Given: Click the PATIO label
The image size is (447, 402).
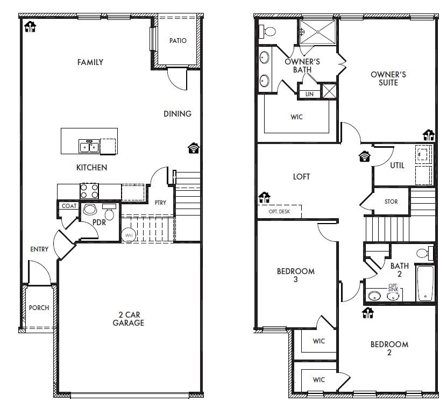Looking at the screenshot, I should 178,41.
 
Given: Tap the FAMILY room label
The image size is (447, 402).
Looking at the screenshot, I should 90,62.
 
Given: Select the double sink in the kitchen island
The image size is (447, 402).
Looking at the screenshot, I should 89,146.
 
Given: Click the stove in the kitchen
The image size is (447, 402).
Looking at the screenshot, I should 89,191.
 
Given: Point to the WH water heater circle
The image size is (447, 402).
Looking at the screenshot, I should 129,235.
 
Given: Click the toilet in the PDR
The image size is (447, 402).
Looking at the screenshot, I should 109,213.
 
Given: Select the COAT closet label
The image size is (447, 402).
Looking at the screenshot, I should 69,206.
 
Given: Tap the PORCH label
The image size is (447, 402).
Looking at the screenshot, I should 39,308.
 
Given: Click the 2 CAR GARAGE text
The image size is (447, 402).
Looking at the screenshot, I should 128,319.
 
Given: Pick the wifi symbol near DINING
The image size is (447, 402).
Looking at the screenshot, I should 193,148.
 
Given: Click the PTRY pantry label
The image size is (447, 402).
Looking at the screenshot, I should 160,203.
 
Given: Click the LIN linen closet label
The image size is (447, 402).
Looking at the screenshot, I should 309,94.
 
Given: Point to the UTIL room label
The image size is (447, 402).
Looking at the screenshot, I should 397,166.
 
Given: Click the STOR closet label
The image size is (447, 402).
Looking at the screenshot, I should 391,202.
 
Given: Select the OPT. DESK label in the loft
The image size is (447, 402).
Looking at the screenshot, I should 279,212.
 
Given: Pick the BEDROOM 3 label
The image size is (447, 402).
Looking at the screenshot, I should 295,275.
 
